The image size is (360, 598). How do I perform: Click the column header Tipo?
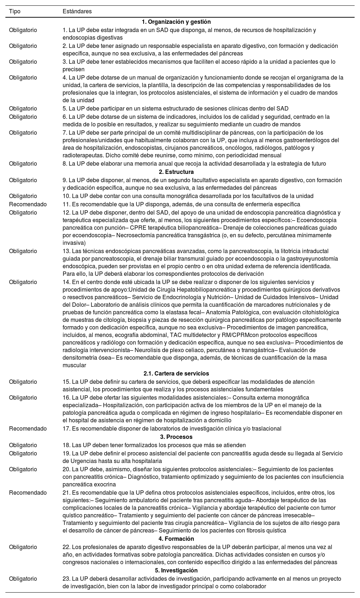tap(15, 11)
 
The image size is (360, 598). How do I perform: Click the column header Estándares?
tap(77, 11)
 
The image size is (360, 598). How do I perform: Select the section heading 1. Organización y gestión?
tap(176, 22)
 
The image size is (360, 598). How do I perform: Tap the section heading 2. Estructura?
tap(176, 172)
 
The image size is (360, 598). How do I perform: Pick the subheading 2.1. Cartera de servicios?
tap(176, 373)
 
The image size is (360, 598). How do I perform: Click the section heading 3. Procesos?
tap(176, 437)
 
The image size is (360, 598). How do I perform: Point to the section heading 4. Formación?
tap(176, 539)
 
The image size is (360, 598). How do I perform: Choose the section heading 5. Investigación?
tap(176, 570)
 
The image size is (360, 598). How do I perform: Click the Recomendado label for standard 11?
tap(28, 204)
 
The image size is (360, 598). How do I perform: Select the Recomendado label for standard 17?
tap(28, 428)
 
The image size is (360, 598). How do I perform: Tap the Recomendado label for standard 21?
tap(28, 493)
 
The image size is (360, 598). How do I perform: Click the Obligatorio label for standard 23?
tap(23, 579)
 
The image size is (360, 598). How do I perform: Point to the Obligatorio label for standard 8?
tap(23, 163)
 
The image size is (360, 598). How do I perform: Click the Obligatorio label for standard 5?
tap(23, 108)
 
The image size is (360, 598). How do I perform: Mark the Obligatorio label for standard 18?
tap(23, 445)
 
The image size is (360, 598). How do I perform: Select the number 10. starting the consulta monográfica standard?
tap(67, 196)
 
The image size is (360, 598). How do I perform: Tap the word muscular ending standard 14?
tap(74, 365)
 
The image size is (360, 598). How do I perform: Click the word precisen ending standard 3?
tap(73, 69)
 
